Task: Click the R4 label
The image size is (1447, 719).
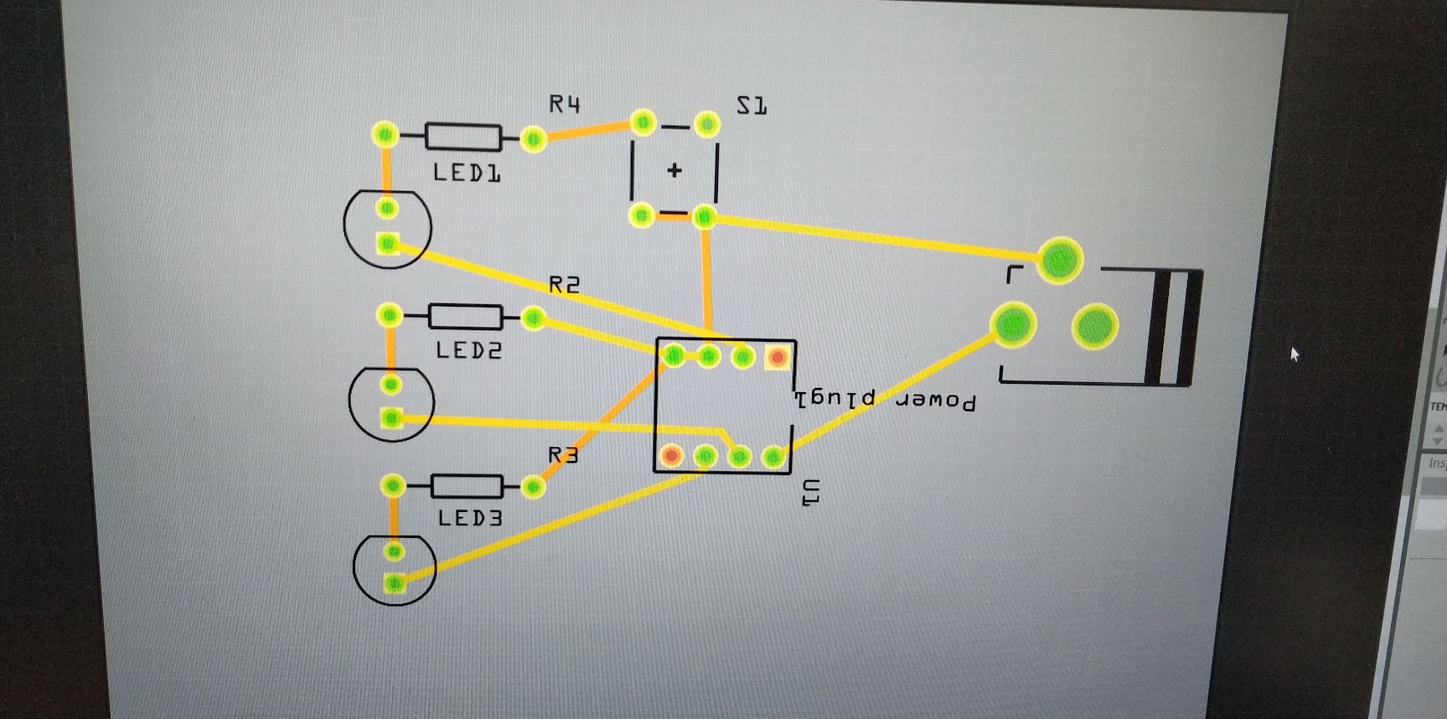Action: click(x=565, y=104)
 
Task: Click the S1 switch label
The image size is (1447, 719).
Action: click(x=752, y=106)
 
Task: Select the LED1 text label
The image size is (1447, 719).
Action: click(x=467, y=173)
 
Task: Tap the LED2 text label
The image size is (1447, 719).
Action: click(x=468, y=350)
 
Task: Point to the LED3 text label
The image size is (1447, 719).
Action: click(x=470, y=519)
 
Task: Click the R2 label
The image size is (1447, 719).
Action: click(x=564, y=286)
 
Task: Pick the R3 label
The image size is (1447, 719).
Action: click(x=563, y=455)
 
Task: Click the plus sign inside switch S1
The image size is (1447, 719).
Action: click(x=674, y=170)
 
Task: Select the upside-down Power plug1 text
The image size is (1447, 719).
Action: click(x=885, y=400)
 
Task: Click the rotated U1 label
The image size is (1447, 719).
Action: click(x=810, y=492)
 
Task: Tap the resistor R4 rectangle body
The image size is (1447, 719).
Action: click(x=463, y=137)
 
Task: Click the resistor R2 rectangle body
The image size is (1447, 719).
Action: click(x=465, y=317)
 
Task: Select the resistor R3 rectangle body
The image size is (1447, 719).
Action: click(x=467, y=486)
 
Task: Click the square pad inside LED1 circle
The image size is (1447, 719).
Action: click(x=387, y=243)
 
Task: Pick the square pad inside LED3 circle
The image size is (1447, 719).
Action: click(x=395, y=583)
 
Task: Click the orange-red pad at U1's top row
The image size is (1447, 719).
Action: click(x=778, y=358)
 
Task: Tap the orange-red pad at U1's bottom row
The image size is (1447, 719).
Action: click(x=671, y=456)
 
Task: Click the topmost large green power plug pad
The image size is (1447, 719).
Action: click(x=1060, y=260)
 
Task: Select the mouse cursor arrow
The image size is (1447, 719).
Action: click(x=1295, y=354)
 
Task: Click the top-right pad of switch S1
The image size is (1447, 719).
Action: click(x=707, y=125)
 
